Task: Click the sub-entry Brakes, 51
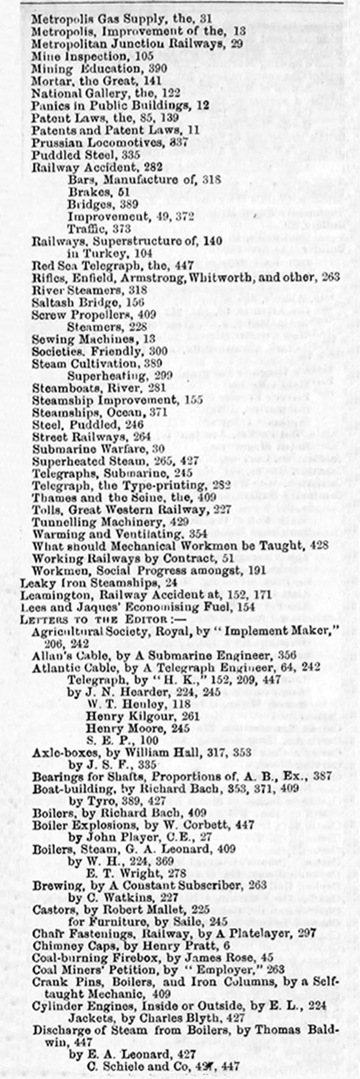[99, 192]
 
